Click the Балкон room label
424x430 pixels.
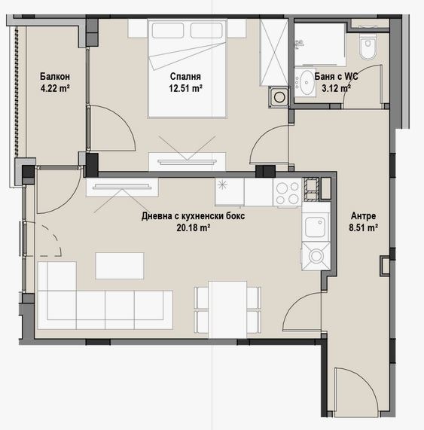(55, 76)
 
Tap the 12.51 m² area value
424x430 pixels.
(186, 88)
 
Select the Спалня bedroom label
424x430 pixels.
(185, 76)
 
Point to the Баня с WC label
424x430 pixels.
(336, 76)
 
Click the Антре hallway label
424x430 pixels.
(364, 216)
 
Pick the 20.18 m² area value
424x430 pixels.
(194, 228)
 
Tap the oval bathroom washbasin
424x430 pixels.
(305, 82)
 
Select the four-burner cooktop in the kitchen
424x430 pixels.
(288, 192)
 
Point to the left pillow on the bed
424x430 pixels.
(168, 30)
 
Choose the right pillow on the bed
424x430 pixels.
(206, 30)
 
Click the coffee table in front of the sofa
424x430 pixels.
(120, 266)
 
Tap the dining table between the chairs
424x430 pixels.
(227, 310)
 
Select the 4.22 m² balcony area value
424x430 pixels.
(55, 88)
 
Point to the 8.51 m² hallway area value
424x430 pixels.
(364, 228)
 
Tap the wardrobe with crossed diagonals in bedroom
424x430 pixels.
(273, 53)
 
